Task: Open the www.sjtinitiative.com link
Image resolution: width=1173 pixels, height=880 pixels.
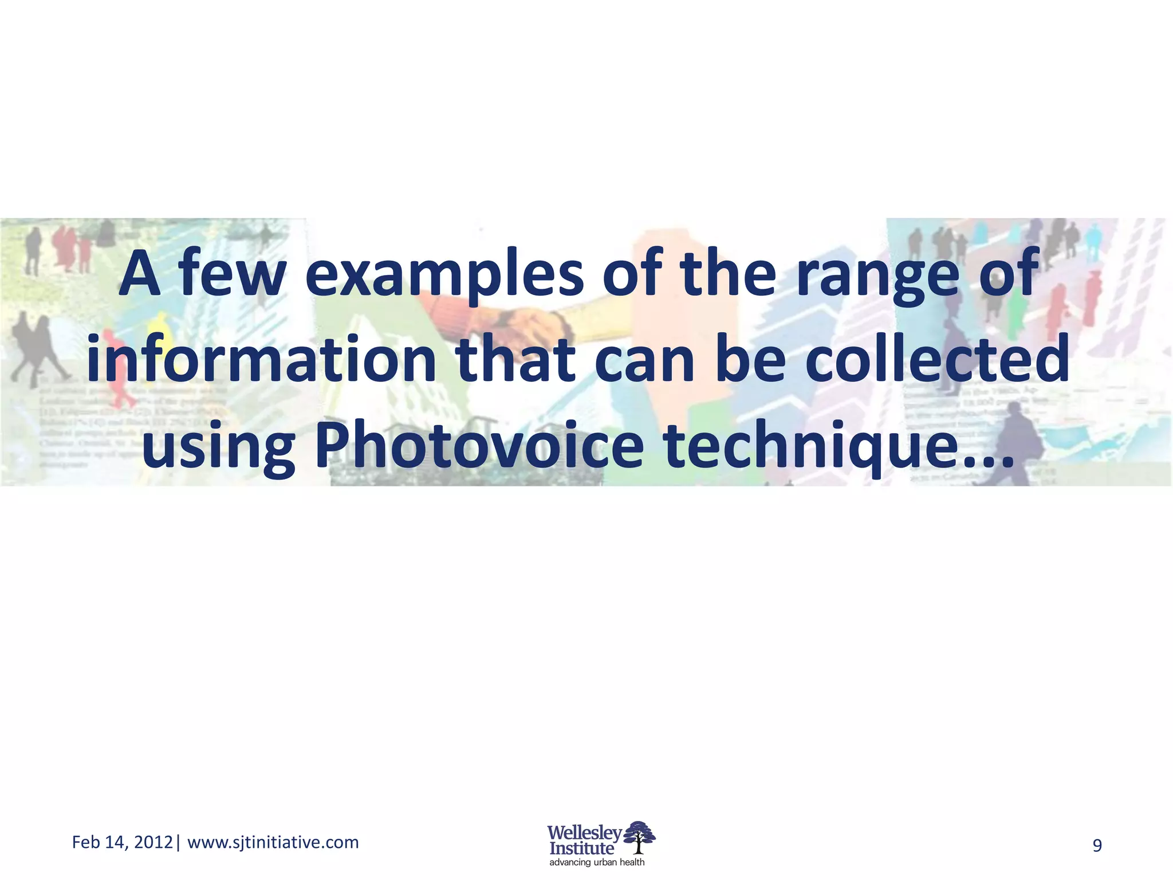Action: coord(273,842)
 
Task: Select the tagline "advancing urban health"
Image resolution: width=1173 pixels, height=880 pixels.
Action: coord(597,862)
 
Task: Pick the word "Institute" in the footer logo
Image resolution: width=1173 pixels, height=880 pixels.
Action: coord(581,848)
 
